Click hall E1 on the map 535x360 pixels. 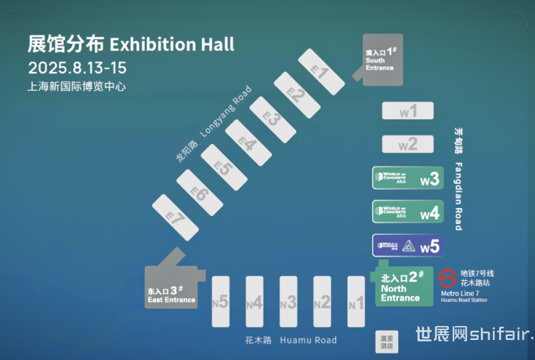pos(321,71)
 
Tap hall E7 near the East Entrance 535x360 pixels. pos(176,217)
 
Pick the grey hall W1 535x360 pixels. pos(408,111)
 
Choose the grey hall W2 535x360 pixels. pos(408,144)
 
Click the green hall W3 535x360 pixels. pos(408,179)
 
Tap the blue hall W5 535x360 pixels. pos(408,245)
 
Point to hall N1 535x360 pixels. pos(356,302)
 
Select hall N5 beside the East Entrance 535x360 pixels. pos(220,302)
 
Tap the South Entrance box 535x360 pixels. pos(382,60)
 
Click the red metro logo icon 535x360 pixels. pos(448,277)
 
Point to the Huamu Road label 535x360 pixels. pos(308,340)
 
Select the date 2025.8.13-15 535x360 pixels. pos(77,67)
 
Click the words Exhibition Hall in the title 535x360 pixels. pos(172,45)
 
